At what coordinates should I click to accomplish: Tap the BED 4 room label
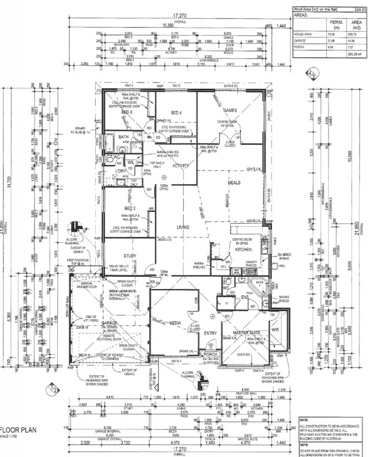click(176, 112)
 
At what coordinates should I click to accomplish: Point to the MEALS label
click(227, 183)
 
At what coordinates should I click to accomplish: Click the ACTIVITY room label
click(181, 165)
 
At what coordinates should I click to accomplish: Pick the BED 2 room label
click(130, 209)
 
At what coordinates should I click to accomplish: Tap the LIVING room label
click(183, 227)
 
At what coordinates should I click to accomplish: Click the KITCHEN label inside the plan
click(243, 249)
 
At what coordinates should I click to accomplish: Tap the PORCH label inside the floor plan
click(211, 354)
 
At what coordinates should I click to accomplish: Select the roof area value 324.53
click(360, 9)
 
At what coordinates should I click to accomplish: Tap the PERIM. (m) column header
click(336, 24)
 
